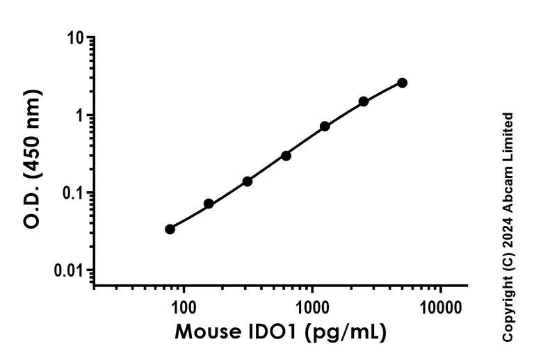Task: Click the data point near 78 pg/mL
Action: (170, 229)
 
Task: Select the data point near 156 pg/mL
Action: (209, 204)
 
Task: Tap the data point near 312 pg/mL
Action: (247, 181)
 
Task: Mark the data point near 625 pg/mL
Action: (286, 156)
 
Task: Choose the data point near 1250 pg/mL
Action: (325, 126)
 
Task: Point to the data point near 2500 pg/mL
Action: (364, 101)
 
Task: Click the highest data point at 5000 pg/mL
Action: (402, 83)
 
